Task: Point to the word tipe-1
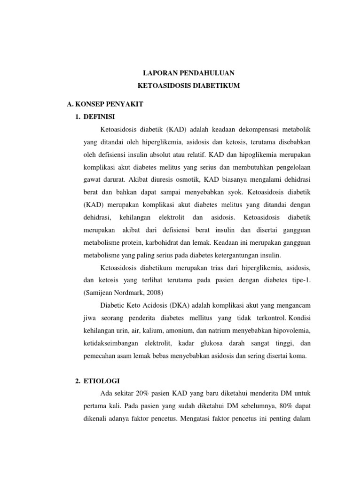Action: [301, 280]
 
